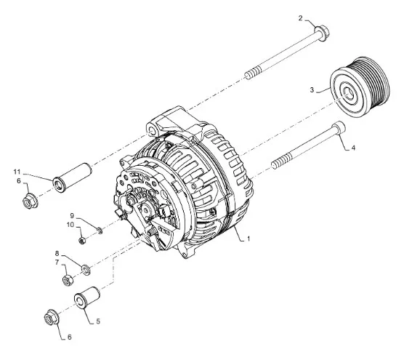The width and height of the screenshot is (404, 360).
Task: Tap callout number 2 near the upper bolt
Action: [x=300, y=17]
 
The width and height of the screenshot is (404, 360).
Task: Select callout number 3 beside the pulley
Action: [x=312, y=90]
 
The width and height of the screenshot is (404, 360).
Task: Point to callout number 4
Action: [x=354, y=148]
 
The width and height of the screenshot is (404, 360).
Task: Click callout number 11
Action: [x=16, y=172]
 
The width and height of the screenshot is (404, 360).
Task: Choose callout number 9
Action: [x=73, y=215]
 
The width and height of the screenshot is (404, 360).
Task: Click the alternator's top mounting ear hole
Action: [x=153, y=129]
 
